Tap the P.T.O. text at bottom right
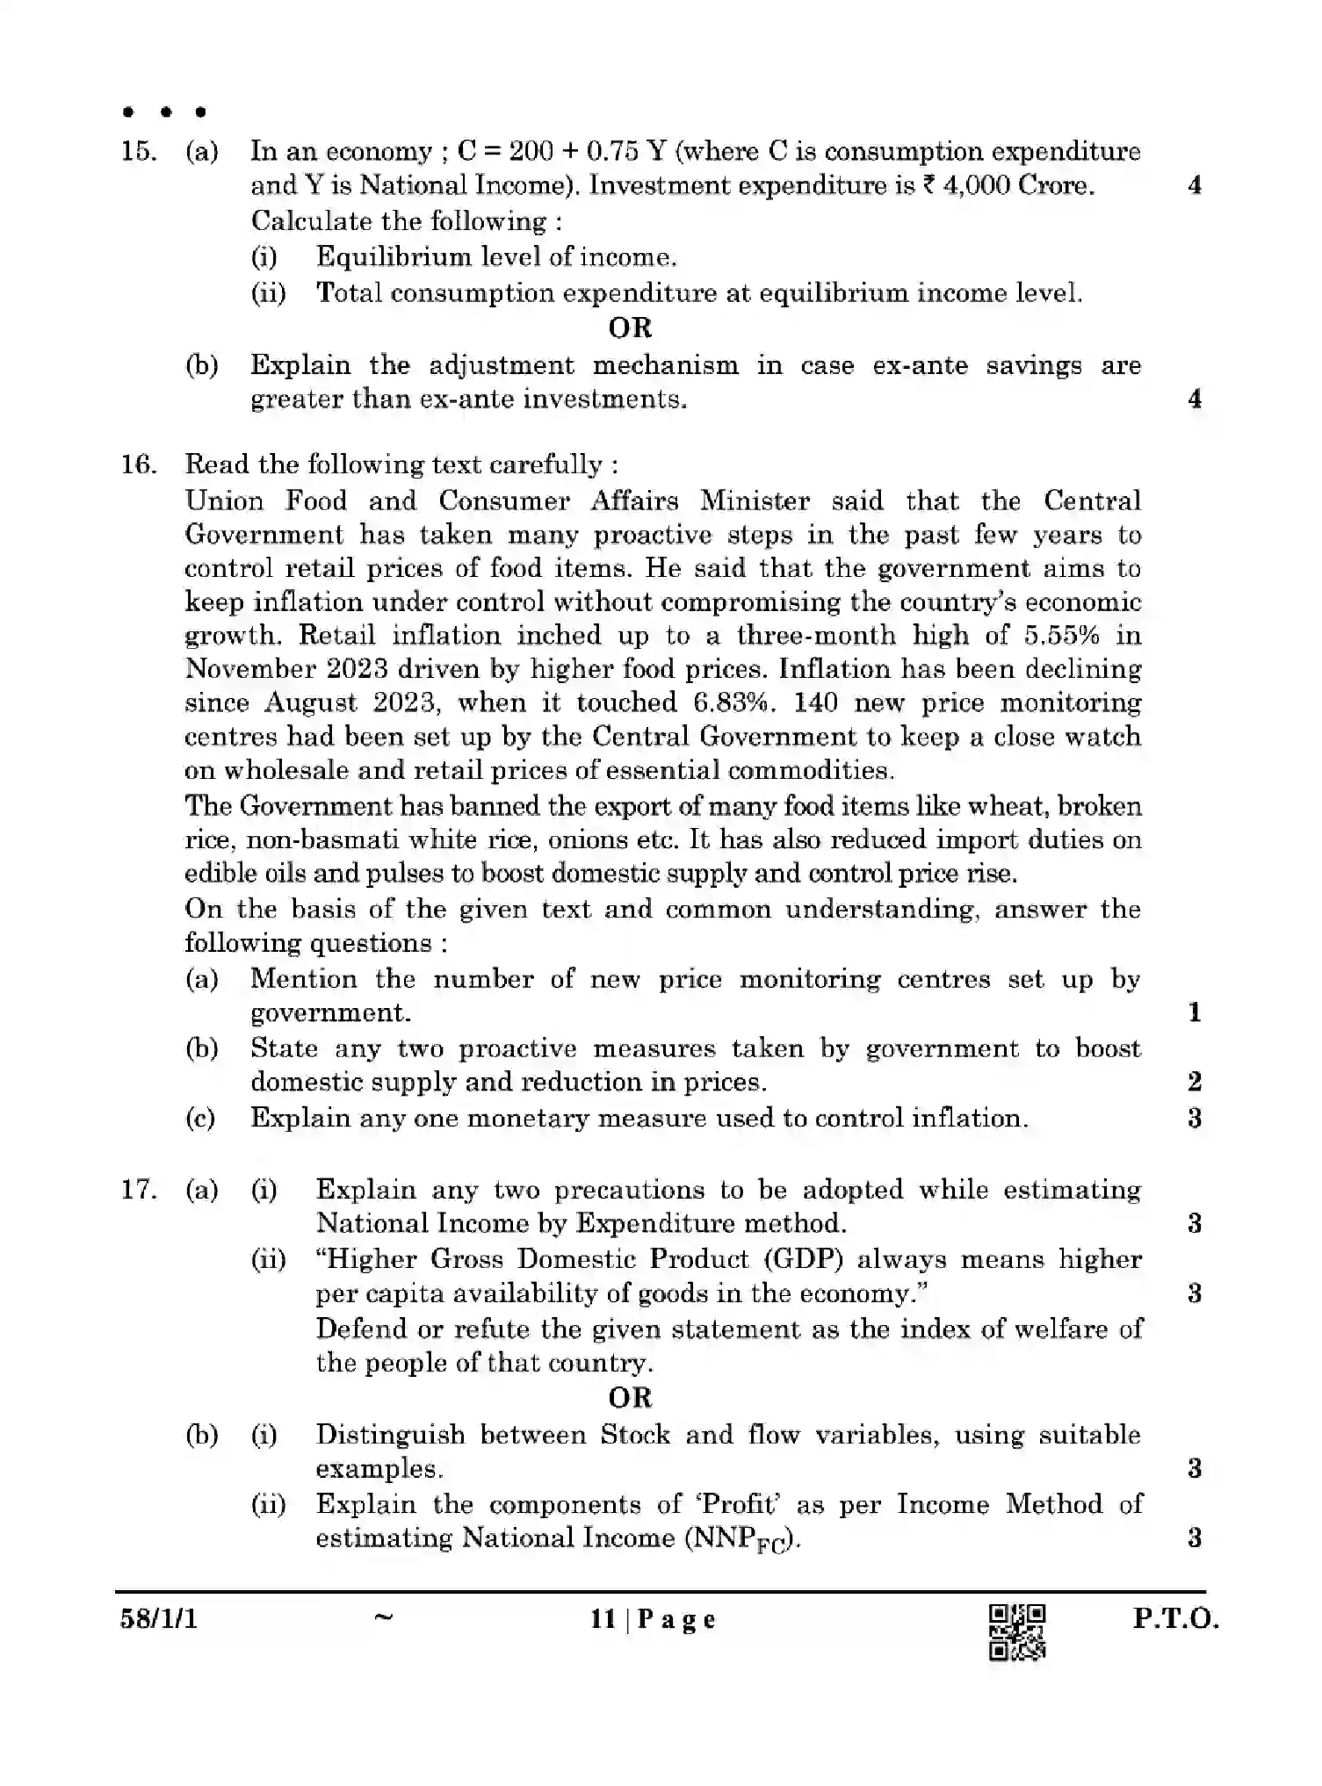[x=1175, y=1619]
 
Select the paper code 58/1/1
[x=159, y=1618]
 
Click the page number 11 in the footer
[x=603, y=1619]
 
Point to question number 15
[x=138, y=152]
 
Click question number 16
[x=138, y=465]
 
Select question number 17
[x=138, y=1191]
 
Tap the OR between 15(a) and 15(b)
[x=630, y=328]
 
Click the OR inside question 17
[x=630, y=1398]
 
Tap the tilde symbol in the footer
[x=383, y=1617]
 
